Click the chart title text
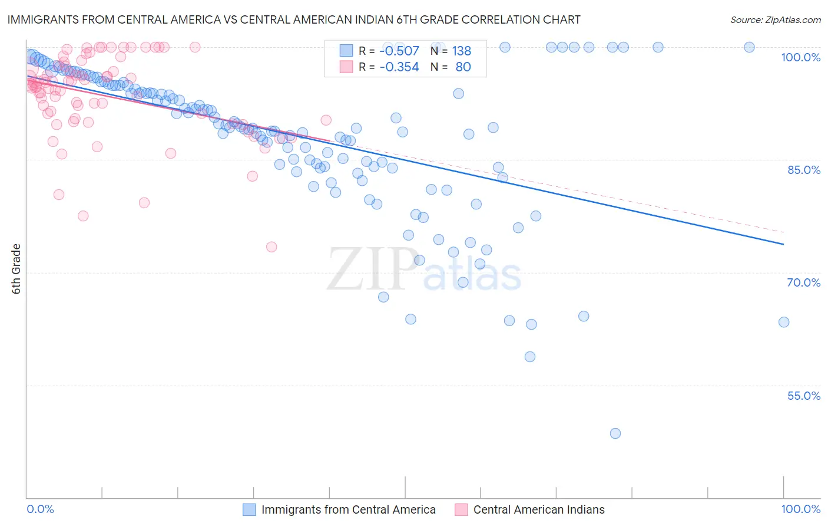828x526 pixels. point(294,19)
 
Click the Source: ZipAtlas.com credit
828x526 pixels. point(775,19)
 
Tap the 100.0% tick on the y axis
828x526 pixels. point(800,57)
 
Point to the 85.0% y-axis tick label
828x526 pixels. point(804,170)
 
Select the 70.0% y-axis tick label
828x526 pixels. point(803,282)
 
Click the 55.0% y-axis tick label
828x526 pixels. point(803,396)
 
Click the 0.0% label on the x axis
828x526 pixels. point(41,509)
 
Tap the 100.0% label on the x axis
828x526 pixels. point(800,509)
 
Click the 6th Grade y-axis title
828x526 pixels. point(16,269)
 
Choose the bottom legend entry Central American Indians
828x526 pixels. point(538,509)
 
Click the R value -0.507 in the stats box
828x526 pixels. point(399,51)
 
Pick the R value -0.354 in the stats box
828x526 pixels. point(399,67)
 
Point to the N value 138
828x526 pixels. point(461,51)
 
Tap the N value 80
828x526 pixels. point(463,67)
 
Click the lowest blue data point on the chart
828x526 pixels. point(615,433)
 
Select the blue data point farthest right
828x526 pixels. point(784,322)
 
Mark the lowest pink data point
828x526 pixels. point(271,246)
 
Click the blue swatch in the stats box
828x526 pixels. point(346,51)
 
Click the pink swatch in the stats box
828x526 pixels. point(346,67)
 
